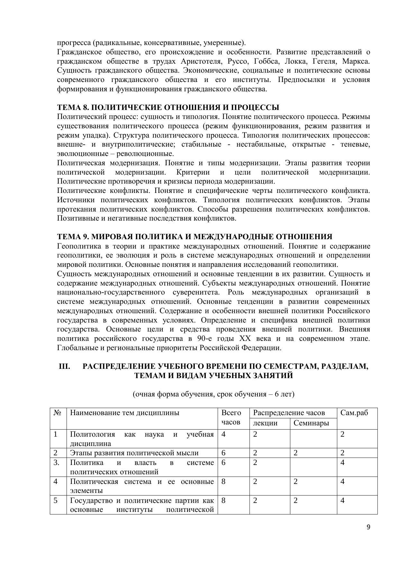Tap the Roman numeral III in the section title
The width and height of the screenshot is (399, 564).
(64, 366)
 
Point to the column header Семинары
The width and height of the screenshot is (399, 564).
(311, 423)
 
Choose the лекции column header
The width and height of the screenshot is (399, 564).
(265, 423)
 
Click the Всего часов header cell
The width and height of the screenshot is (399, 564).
(231, 417)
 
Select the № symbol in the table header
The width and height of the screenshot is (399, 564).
(58, 413)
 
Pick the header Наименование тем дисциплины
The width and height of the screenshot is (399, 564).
(124, 413)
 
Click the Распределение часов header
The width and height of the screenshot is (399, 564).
(289, 413)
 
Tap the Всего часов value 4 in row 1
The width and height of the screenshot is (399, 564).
(223, 434)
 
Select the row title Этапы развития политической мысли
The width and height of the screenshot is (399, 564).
(134, 453)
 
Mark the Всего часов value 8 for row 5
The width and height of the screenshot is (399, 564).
(223, 500)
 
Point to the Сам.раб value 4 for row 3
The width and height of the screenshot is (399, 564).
(343, 462)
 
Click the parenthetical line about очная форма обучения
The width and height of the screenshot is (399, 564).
(213, 394)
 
